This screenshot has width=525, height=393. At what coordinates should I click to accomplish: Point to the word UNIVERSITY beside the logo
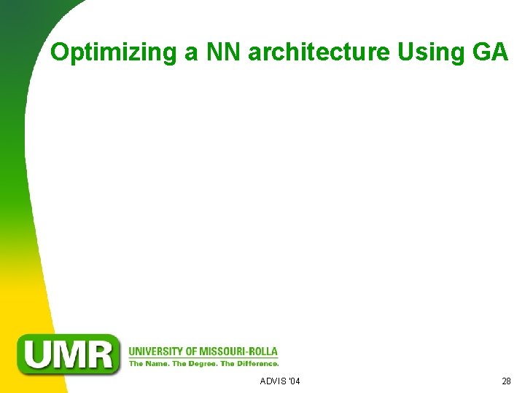[155, 352]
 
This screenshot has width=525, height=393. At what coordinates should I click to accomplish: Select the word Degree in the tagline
[201, 363]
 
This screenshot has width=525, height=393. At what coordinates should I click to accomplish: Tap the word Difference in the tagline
[256, 363]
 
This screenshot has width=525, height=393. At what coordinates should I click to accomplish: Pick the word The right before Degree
[180, 363]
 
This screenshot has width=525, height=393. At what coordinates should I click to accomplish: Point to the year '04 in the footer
[294, 381]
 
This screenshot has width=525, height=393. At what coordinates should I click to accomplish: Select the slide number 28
[506, 381]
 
